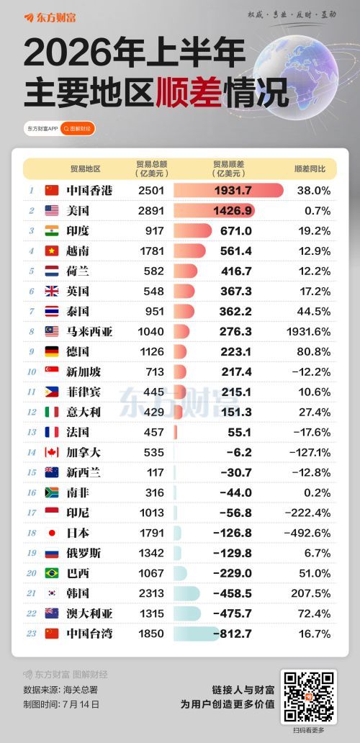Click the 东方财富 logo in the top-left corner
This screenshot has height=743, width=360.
click(50, 18)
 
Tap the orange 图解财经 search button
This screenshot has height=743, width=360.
click(78, 128)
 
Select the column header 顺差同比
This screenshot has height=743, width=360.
click(310, 168)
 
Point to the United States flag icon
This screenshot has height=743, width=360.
click(52, 210)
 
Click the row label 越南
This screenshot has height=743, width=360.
click(78, 251)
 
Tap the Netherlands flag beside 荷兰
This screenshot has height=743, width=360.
click(52, 271)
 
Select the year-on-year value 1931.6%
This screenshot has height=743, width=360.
click(308, 331)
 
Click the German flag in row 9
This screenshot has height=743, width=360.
click(52, 351)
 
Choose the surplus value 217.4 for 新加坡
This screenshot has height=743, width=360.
click(236, 372)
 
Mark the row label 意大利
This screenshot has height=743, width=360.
click(84, 412)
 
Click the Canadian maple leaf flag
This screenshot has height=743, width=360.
click(52, 452)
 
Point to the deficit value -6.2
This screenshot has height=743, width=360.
click(239, 453)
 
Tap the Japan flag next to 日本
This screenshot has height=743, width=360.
click(52, 533)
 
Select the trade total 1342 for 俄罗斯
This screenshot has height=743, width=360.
click(152, 553)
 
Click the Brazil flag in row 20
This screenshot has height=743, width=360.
click(52, 573)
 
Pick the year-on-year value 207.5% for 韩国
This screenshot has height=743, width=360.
click(315, 593)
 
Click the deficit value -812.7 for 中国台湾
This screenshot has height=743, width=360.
click(233, 634)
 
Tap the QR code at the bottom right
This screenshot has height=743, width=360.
click(308, 696)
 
